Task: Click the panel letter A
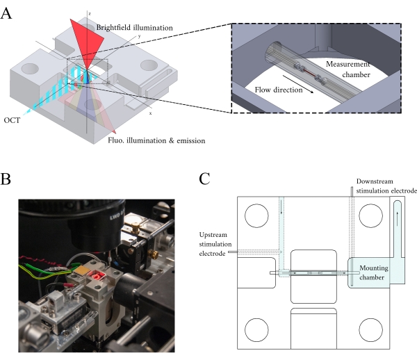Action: click(x=6, y=13)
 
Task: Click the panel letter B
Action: click(x=6, y=179)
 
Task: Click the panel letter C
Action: click(x=204, y=179)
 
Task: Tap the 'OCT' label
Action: click(x=12, y=120)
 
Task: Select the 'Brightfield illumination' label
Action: click(x=134, y=28)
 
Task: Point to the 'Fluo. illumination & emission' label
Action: click(x=156, y=140)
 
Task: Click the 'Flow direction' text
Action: click(x=279, y=90)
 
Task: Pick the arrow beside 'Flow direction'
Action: click(x=298, y=84)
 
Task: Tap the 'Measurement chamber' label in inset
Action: click(x=348, y=69)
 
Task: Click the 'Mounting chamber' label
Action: click(x=373, y=272)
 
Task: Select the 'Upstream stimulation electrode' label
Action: click(x=215, y=244)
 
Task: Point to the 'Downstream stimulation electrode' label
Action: click(x=386, y=186)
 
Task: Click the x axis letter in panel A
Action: click(x=151, y=113)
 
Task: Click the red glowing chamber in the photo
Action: click(x=97, y=275)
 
